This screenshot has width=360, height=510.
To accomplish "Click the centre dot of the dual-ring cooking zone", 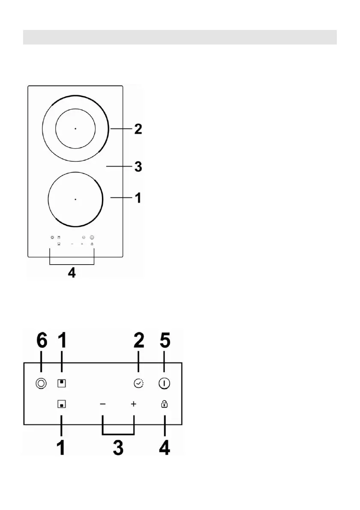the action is [75, 128].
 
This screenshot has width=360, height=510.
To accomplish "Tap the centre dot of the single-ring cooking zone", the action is [75, 199].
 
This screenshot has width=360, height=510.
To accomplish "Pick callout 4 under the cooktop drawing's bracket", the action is [72, 273].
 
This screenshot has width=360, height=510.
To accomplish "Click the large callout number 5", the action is [165, 341].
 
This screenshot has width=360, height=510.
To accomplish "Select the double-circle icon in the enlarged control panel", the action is [40, 384].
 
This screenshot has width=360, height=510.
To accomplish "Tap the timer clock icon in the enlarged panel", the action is [138, 384].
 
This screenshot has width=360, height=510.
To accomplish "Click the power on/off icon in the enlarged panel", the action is [164, 384].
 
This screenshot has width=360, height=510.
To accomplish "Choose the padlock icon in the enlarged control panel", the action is [164, 404].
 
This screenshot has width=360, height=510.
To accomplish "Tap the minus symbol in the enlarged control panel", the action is [103, 404].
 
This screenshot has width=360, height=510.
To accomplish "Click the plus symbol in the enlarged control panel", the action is [134, 404].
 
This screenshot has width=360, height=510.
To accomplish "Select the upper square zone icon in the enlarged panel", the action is [61, 384].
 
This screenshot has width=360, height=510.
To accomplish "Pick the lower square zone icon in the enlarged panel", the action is [61, 404].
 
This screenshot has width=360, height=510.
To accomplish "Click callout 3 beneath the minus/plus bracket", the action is [118, 448].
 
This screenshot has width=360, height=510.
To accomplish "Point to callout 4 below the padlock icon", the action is [164, 448].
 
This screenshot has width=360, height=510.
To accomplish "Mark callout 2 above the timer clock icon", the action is [138, 341].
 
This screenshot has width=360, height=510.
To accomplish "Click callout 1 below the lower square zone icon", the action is [61, 448].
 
